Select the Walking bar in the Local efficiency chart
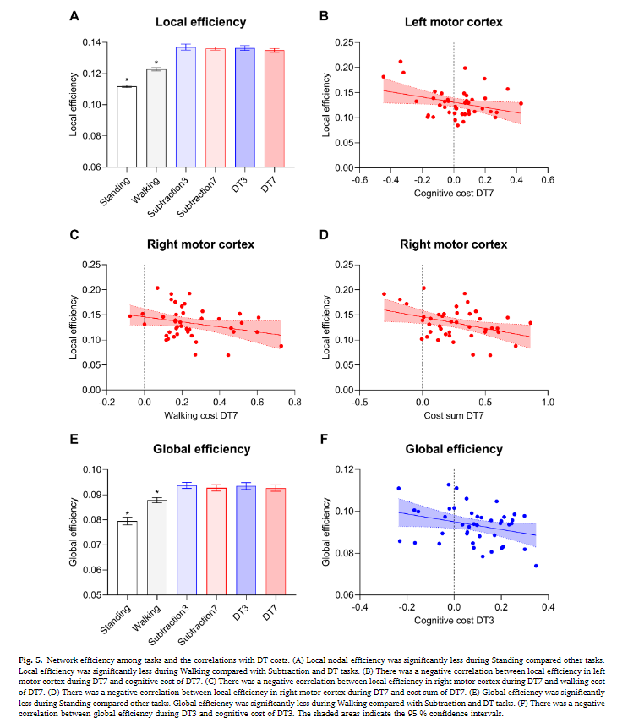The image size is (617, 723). point(156,118)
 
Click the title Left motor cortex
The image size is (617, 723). point(453,20)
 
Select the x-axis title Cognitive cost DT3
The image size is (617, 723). point(454,621)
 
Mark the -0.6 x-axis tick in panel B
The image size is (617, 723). point(360,179)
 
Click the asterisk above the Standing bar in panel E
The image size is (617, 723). point(127,514)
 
